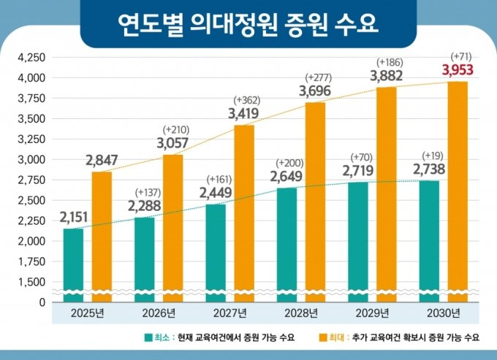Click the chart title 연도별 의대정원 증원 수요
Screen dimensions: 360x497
(x=248, y=24)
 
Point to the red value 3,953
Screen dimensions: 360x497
(x=457, y=71)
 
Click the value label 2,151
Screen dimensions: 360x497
(x=73, y=217)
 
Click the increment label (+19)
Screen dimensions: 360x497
(x=428, y=155)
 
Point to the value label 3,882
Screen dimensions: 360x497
(x=387, y=75)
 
